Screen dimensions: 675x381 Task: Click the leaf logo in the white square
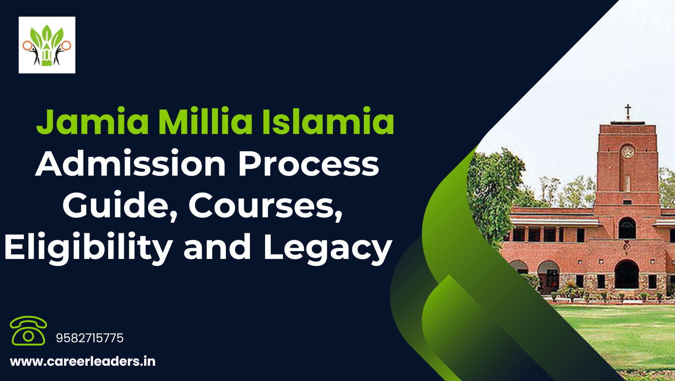47,45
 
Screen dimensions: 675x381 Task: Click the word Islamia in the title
328,121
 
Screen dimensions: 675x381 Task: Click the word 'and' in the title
217,247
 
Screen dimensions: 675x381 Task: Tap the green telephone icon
28,331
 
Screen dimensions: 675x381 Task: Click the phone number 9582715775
90,338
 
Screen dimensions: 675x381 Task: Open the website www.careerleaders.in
83,362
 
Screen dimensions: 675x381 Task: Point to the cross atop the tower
628,112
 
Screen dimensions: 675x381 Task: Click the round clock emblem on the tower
627,151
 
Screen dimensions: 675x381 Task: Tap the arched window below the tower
627,228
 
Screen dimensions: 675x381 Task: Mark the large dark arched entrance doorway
627,275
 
